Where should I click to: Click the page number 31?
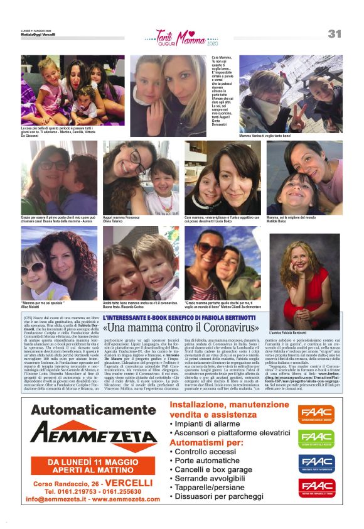click(334, 34)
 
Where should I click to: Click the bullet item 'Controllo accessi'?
click(206, 451)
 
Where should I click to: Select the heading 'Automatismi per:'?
click(207, 442)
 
